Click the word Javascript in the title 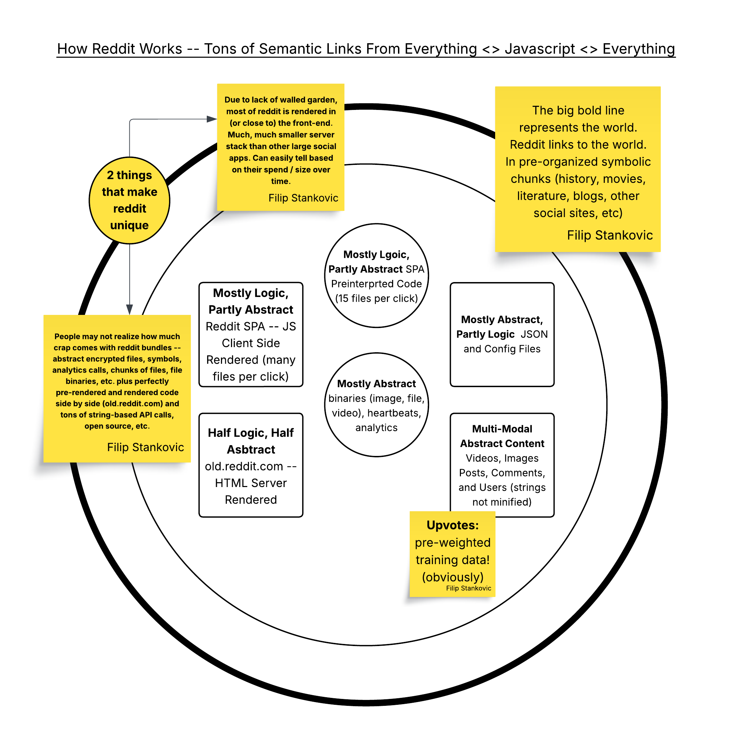(x=539, y=49)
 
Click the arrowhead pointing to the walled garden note (x=212, y=119)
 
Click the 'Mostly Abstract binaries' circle (x=376, y=405)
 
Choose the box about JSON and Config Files (x=502, y=334)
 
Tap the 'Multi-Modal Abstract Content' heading (x=502, y=436)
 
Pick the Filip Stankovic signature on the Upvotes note (x=468, y=588)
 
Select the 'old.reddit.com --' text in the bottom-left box (x=250, y=466)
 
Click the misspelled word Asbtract (x=251, y=449)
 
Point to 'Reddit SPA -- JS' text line (x=250, y=326)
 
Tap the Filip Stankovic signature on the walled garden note (x=303, y=198)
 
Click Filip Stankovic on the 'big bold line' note (x=610, y=235)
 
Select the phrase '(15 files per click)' (x=376, y=298)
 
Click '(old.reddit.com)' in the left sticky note (x=133, y=403)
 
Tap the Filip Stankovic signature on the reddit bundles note (x=146, y=447)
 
